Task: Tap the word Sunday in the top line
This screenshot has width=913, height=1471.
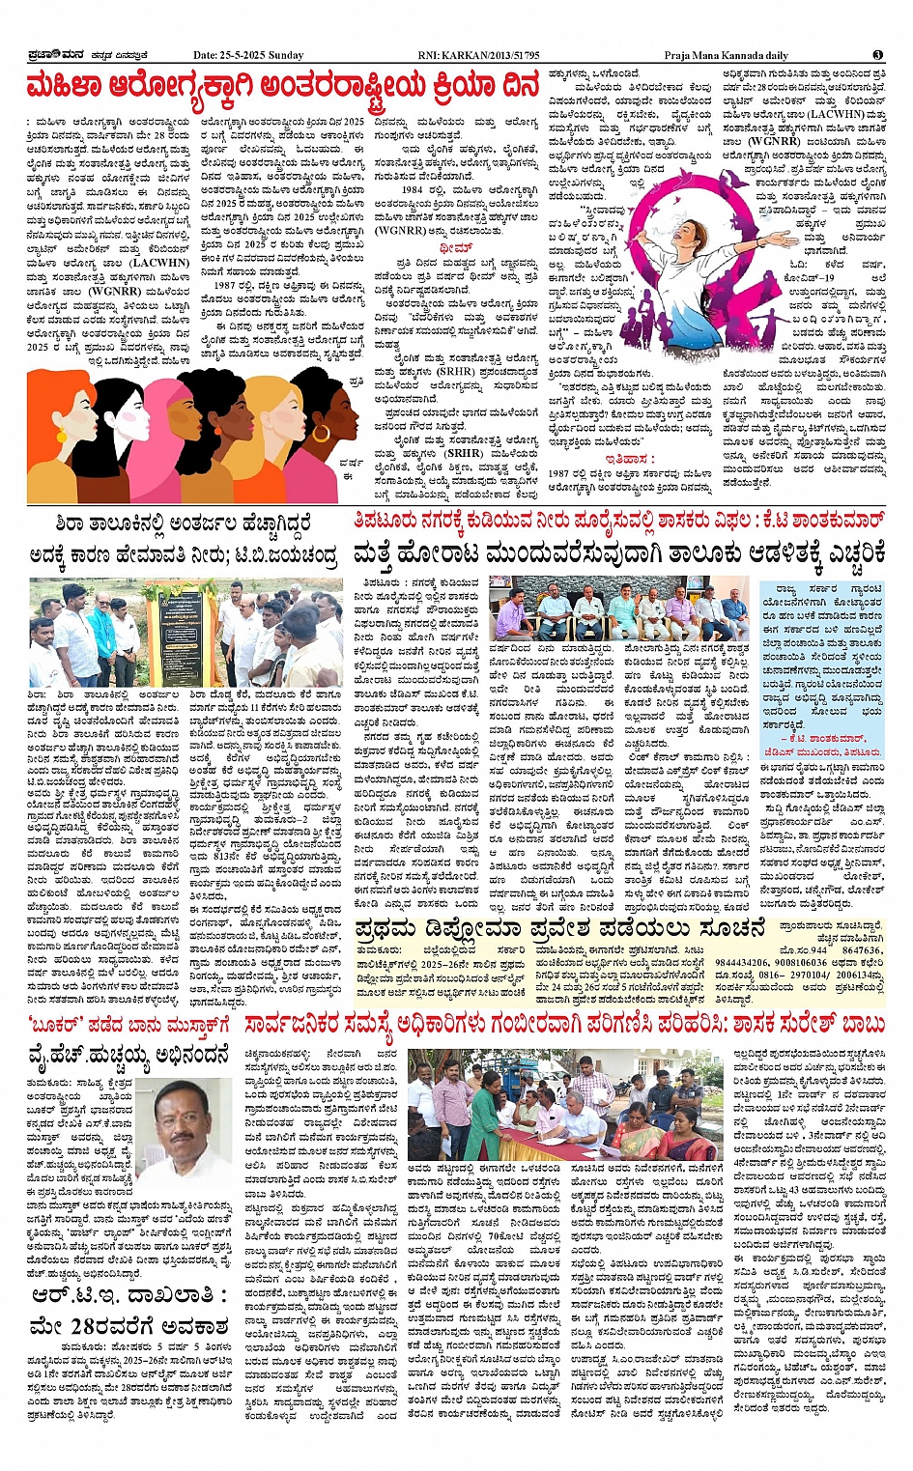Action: tap(286, 55)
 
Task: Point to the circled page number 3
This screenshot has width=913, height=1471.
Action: tap(877, 55)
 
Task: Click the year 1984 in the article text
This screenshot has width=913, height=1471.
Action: tap(413, 190)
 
